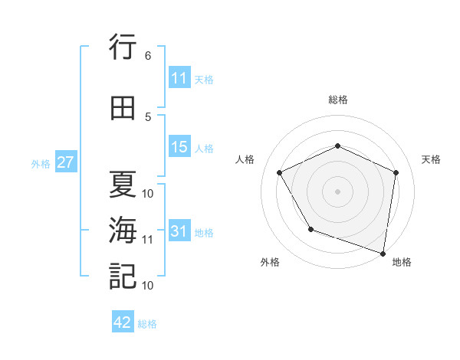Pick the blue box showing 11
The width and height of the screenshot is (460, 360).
179,78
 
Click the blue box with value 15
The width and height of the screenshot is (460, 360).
179,147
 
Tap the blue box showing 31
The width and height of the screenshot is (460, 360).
179,231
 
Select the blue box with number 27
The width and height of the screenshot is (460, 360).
65,162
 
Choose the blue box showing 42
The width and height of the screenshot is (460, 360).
123,322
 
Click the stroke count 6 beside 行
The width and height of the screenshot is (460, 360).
147,56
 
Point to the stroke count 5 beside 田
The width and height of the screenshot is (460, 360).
147,117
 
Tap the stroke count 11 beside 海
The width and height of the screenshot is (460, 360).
147,239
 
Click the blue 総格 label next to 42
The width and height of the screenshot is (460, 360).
147,324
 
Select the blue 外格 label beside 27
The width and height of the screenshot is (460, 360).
40,163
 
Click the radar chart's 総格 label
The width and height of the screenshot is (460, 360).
337,100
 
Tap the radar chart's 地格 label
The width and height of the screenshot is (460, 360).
402,263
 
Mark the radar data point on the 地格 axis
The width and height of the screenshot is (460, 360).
383,253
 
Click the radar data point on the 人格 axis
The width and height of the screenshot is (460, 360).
280,172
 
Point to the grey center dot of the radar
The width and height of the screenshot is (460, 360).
337,191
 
